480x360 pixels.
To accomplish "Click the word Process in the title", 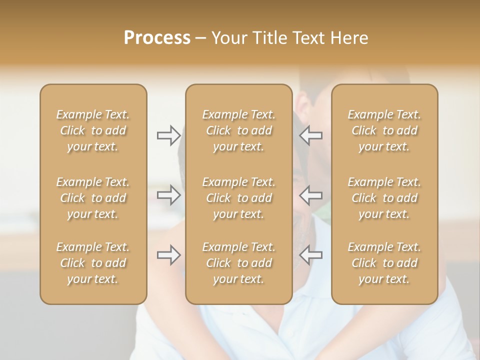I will (157, 38).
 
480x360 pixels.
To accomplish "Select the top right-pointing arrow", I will (169, 135).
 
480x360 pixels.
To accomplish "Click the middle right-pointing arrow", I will (169, 195).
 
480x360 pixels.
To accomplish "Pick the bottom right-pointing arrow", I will (169, 255).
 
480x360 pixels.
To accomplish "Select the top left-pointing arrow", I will (310, 135).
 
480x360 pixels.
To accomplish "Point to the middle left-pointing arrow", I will (310, 195).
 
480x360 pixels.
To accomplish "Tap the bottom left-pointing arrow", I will (310, 255).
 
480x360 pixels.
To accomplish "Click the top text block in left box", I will (93, 130).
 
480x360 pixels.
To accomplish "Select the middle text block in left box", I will (93, 198).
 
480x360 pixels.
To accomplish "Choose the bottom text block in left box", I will (93, 263).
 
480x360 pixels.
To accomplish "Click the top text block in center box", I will (239, 130).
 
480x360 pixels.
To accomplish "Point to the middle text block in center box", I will (239, 198).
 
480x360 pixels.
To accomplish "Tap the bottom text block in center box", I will (239, 263).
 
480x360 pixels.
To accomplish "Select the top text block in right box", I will (384, 130).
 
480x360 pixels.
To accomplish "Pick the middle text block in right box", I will (384, 198).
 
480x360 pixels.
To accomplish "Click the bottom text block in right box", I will (384, 263).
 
